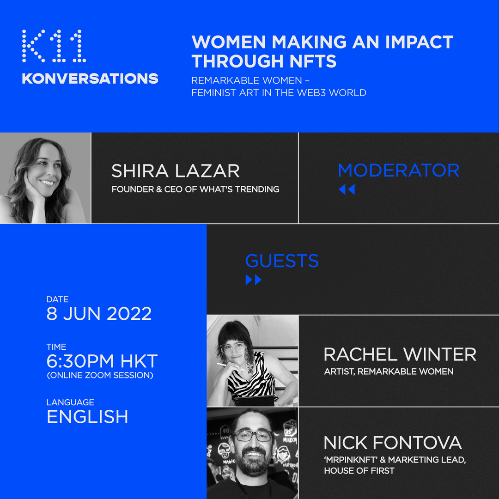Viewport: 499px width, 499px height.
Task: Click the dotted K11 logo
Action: click(x=54, y=46)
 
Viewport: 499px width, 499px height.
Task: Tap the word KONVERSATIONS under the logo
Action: click(x=90, y=79)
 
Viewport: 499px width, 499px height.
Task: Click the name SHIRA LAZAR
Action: click(x=176, y=171)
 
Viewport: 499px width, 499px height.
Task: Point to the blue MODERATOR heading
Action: click(x=398, y=170)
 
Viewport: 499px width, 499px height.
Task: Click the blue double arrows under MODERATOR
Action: click(x=347, y=189)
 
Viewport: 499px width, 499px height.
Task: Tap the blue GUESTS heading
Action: click(x=282, y=261)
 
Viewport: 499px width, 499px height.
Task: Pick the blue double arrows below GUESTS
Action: click(x=254, y=280)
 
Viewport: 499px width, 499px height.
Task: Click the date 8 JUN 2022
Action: click(x=99, y=314)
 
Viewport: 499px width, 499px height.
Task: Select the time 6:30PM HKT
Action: click(x=102, y=361)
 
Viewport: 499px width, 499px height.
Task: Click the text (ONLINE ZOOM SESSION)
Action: click(x=100, y=375)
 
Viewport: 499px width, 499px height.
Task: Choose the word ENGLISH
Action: click(x=87, y=417)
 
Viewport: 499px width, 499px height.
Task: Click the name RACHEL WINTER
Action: click(x=400, y=354)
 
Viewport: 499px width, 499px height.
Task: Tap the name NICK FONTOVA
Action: click(x=393, y=443)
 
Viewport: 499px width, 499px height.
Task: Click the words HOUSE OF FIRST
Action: click(x=359, y=471)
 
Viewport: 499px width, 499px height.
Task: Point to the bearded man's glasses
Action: click(x=253, y=435)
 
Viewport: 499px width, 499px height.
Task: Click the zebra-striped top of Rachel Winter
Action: click(x=251, y=379)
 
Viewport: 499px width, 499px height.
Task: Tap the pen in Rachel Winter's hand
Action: click(x=230, y=366)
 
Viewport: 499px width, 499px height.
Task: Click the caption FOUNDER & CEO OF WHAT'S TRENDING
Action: click(x=195, y=189)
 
